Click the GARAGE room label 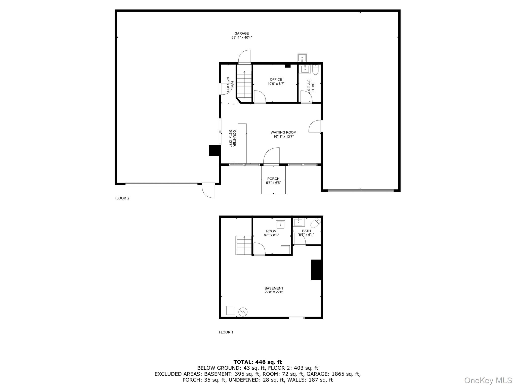tap(241, 33)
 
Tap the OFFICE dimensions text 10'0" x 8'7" tap(276, 84)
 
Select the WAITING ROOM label tap(283, 132)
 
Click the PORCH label tap(273, 179)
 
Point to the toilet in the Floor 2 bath tap(316, 70)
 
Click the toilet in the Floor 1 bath tap(315, 223)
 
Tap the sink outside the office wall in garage tap(302, 58)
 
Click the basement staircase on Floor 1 tap(244, 245)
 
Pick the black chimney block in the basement tap(316, 270)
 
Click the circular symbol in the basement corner tap(243, 312)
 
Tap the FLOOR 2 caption tap(122, 198)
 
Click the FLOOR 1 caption tap(226, 332)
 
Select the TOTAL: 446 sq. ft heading tap(257, 362)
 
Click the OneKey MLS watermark tap(488, 380)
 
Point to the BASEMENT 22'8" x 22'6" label tap(274, 290)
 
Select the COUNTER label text tap(234, 138)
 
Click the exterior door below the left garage tap(209, 191)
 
